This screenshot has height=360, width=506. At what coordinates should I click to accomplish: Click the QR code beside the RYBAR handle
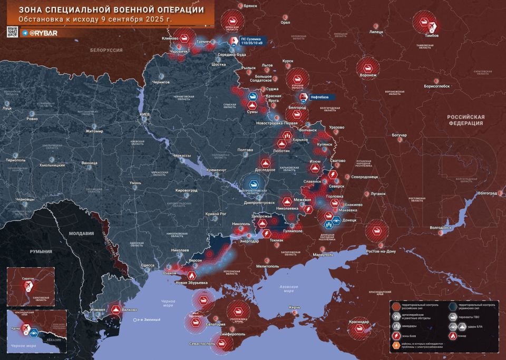12,33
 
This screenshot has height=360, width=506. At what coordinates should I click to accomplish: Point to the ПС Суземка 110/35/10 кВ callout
254,41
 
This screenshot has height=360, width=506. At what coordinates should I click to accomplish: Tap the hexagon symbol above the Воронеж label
367,67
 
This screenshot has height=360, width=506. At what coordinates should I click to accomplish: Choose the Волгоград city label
486,193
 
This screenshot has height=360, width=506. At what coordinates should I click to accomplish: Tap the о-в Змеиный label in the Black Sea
149,320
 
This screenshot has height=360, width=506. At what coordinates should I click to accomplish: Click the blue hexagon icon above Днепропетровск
254,184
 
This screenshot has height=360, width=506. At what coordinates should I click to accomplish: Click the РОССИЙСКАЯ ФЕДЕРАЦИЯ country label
465,120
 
